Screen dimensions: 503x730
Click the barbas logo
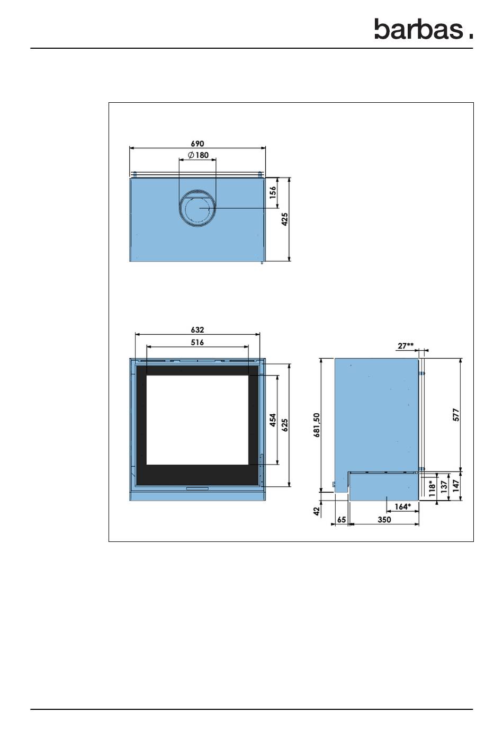[x=424, y=29]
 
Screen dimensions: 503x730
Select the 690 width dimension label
[x=197, y=144]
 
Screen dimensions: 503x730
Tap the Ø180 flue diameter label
[x=198, y=155]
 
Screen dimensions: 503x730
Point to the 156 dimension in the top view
[x=273, y=192]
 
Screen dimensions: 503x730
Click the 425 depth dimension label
[x=285, y=219]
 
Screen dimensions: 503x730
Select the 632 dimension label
[x=197, y=330]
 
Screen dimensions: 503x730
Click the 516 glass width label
[x=197, y=342]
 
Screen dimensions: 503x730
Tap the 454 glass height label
[x=273, y=420]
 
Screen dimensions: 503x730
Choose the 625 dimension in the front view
[x=285, y=425]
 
